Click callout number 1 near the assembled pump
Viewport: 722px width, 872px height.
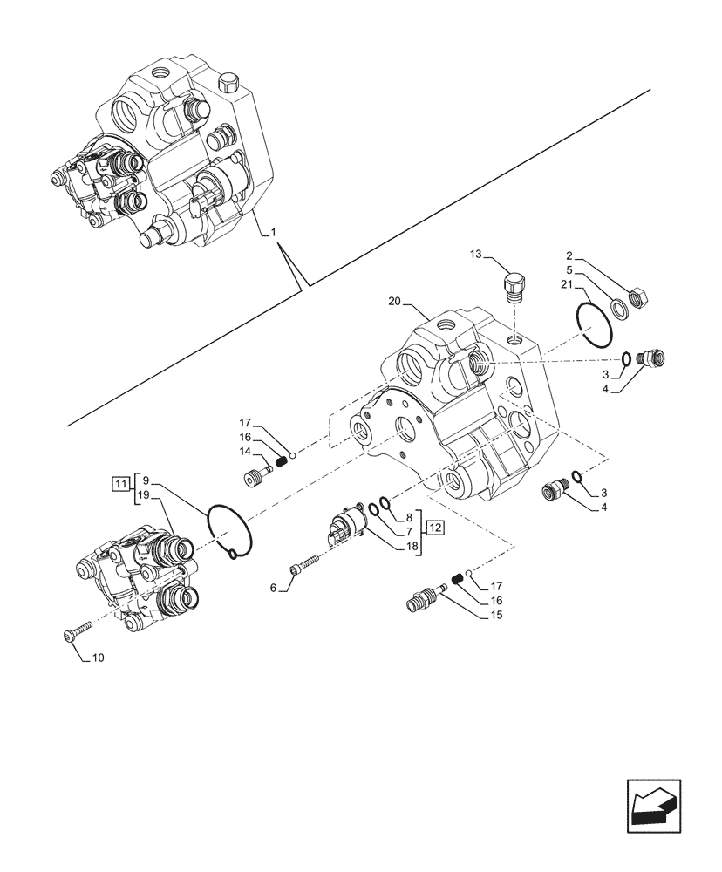[x=273, y=233]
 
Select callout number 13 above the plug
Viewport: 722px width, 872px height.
[x=474, y=254]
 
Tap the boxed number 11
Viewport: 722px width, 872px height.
[x=119, y=481]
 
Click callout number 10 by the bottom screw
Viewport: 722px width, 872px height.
[x=98, y=657]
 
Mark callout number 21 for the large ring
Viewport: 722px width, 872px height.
[x=567, y=285]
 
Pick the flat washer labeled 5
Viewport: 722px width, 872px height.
[x=619, y=306]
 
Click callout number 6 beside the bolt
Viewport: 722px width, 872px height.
[x=273, y=589]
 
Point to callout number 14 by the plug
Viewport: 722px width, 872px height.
[x=244, y=452]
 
